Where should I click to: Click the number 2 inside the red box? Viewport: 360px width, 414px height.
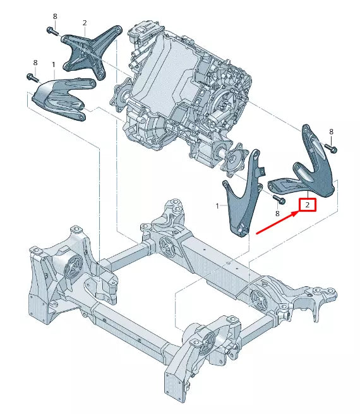point(307,205)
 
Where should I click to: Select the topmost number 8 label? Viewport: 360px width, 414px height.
point(55,16)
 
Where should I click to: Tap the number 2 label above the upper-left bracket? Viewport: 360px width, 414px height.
point(84,23)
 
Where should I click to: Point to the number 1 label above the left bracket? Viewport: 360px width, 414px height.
point(53,64)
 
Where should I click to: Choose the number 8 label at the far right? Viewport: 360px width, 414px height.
point(331,131)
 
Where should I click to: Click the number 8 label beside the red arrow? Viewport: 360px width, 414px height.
point(277,214)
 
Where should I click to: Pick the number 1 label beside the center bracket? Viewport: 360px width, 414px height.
point(218,206)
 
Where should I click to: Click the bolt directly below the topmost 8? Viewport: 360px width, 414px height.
point(52,30)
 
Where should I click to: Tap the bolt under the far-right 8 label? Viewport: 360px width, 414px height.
point(331,149)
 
